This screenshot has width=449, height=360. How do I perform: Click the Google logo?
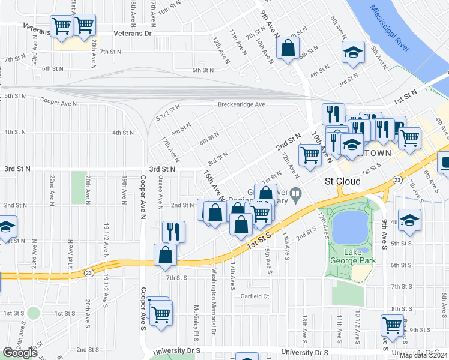20,353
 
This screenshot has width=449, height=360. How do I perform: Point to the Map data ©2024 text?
423,355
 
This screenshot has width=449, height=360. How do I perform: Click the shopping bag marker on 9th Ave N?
288,48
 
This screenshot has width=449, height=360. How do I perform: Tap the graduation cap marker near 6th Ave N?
353,53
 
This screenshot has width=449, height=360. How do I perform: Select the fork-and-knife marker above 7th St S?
173,231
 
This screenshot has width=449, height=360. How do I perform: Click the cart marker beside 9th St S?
392,325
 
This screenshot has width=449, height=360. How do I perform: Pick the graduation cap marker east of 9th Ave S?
409,220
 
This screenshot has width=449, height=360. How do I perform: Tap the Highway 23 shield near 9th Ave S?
397,179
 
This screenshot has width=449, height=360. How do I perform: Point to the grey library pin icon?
296,194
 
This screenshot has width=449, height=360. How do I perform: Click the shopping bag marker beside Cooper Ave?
165,254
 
